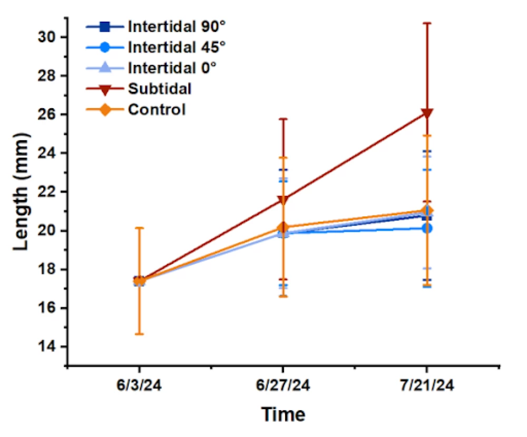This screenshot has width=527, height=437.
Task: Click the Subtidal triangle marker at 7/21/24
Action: click(426, 113)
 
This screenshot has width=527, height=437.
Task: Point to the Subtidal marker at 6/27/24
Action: click(283, 199)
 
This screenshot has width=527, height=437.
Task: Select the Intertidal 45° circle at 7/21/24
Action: click(427, 228)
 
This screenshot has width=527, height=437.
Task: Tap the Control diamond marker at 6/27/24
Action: click(283, 228)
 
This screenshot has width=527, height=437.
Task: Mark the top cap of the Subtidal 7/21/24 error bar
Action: click(426, 23)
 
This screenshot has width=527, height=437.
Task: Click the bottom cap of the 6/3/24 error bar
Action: click(139, 334)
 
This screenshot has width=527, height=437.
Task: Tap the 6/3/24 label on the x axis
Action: click(139, 386)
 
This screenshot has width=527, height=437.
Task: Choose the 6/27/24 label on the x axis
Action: click(283, 386)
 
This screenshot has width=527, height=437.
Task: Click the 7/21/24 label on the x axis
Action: click(426, 386)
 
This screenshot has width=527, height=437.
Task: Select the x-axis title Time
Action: click(283, 414)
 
